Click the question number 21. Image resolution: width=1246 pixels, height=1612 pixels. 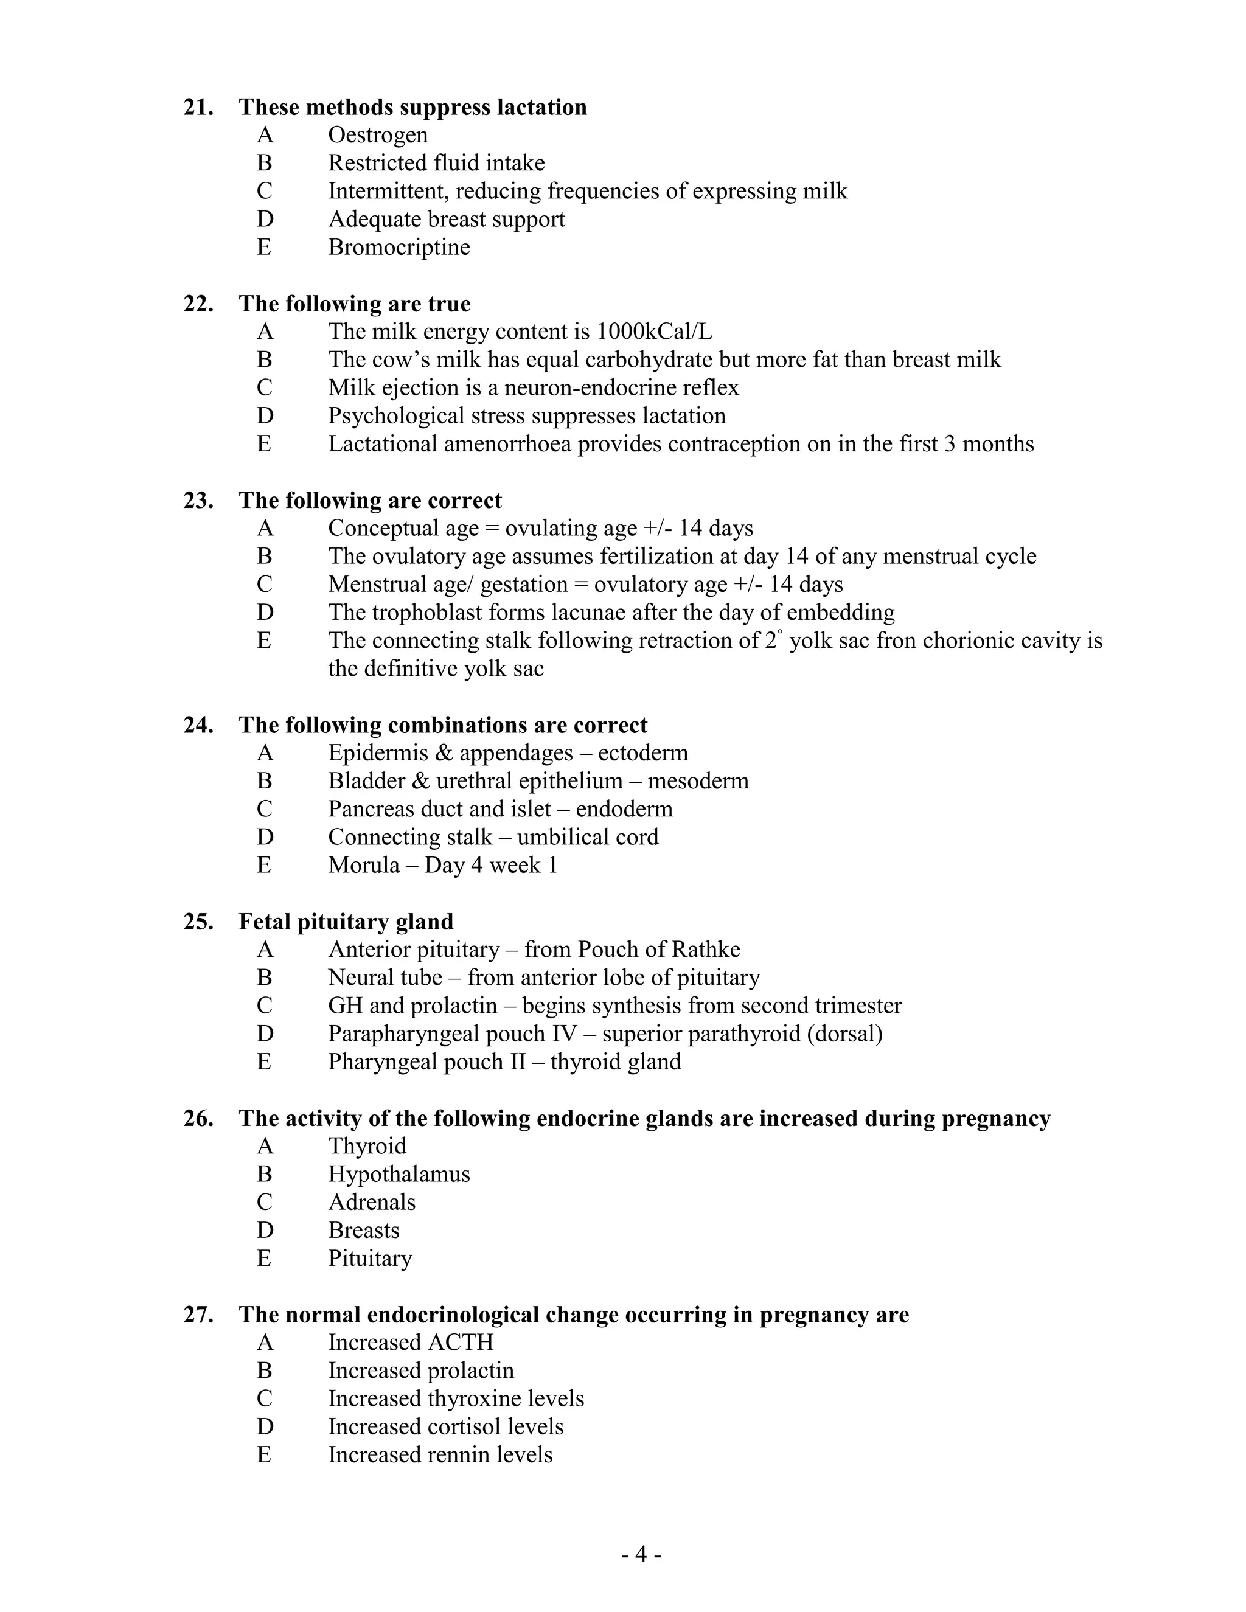click(198, 108)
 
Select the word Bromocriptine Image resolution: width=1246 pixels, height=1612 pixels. click(399, 247)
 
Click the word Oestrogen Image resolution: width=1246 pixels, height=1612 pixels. click(378, 135)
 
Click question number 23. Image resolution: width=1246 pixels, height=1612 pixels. click(198, 501)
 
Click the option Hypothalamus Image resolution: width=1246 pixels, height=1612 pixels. click(399, 1174)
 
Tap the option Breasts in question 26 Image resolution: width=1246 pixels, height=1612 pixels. click(363, 1231)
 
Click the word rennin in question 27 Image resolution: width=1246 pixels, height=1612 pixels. click(472, 1455)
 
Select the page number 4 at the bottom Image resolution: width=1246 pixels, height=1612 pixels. click(641, 1555)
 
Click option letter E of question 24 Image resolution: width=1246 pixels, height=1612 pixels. click(264, 865)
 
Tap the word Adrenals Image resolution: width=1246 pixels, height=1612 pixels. click(371, 1203)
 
